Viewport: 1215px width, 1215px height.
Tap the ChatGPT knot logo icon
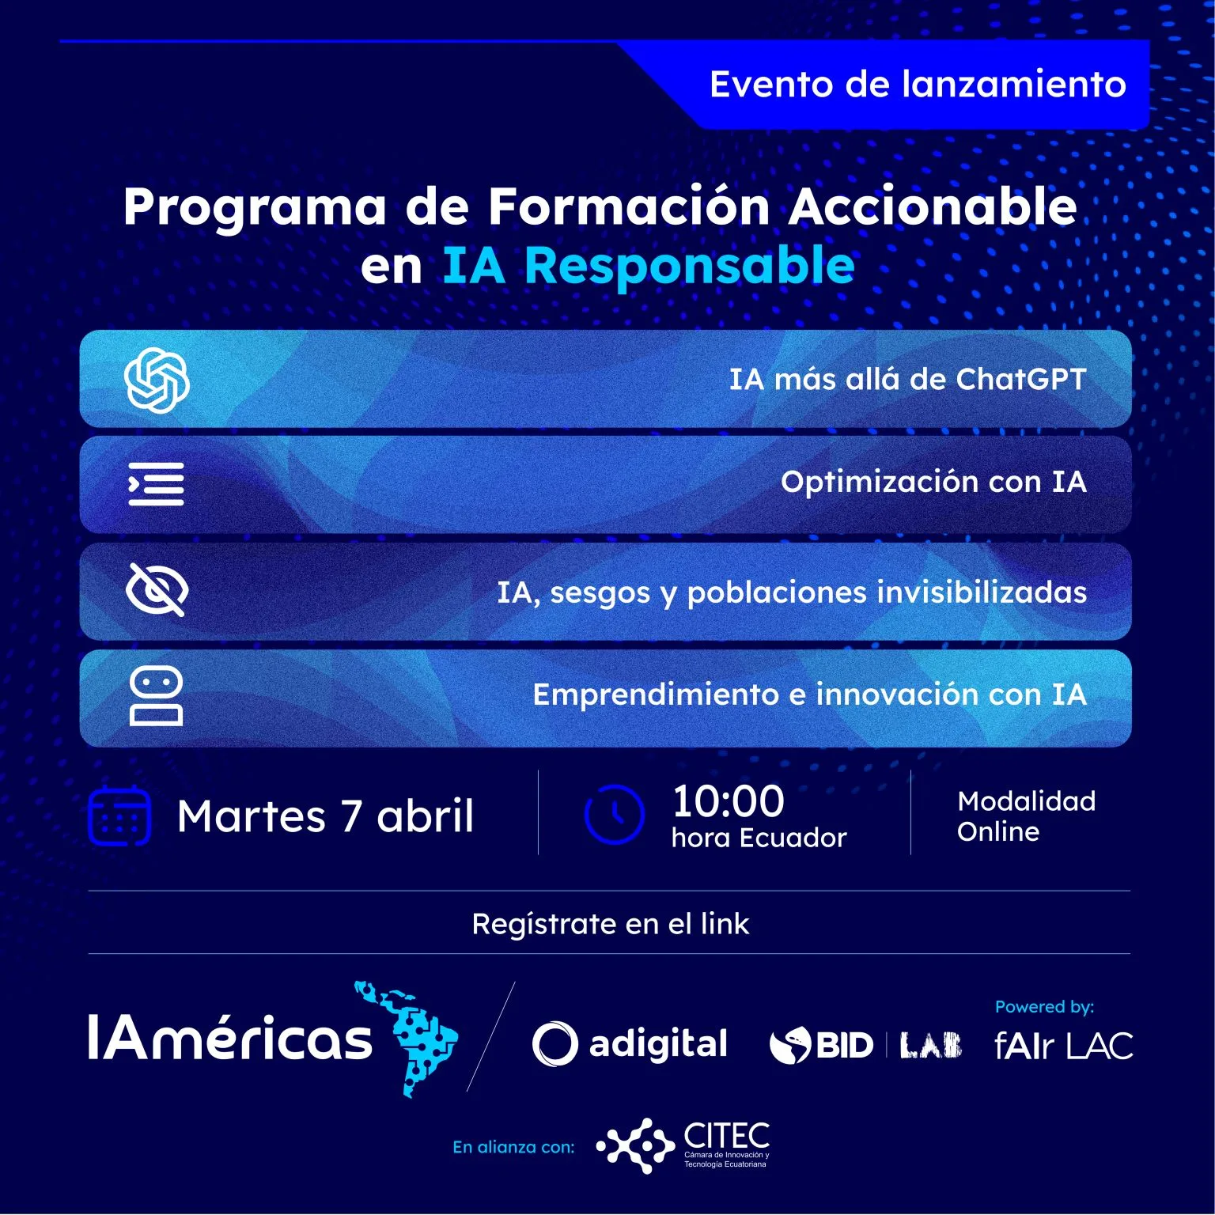pos(157,380)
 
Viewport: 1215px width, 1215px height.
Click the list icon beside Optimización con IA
pos(157,483)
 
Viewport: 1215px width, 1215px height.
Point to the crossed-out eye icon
pos(157,590)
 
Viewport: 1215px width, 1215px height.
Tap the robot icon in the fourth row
pos(157,696)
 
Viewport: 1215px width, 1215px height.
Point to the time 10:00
pos(728,801)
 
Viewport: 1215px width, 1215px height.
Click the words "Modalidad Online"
pos(1026,816)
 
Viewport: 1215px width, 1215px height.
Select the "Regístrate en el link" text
pos(610,923)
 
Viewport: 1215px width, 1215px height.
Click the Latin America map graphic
pos(405,1037)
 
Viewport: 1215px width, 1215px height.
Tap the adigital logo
pos(630,1044)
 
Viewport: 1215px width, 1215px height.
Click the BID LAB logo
pos(865,1045)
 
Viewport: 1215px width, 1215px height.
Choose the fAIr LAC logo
pos(1064,1046)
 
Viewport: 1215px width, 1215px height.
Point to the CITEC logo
pos(682,1145)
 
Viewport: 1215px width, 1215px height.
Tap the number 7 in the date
pos(351,816)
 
